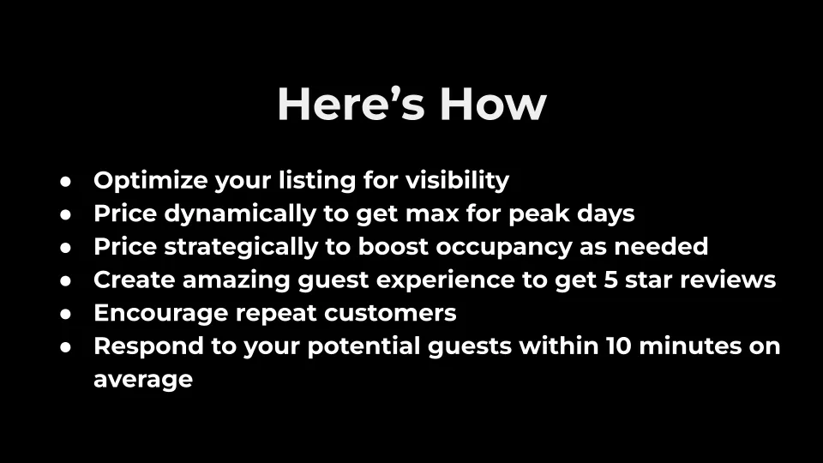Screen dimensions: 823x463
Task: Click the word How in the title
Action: (493, 104)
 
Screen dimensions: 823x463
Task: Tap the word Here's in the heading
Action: (351, 104)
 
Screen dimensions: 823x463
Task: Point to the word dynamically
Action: (240, 214)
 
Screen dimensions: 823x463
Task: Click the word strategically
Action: (241, 247)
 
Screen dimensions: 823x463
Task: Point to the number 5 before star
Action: (611, 280)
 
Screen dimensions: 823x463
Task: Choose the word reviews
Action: (728, 280)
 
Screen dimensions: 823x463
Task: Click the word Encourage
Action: (160, 314)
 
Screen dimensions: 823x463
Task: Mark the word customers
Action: (390, 314)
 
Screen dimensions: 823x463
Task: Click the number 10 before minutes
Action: (619, 346)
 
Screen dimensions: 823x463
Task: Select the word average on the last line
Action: (143, 380)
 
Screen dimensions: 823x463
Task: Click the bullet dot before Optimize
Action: (66, 182)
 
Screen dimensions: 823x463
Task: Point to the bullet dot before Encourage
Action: (66, 315)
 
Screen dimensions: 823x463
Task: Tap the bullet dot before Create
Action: (66, 281)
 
